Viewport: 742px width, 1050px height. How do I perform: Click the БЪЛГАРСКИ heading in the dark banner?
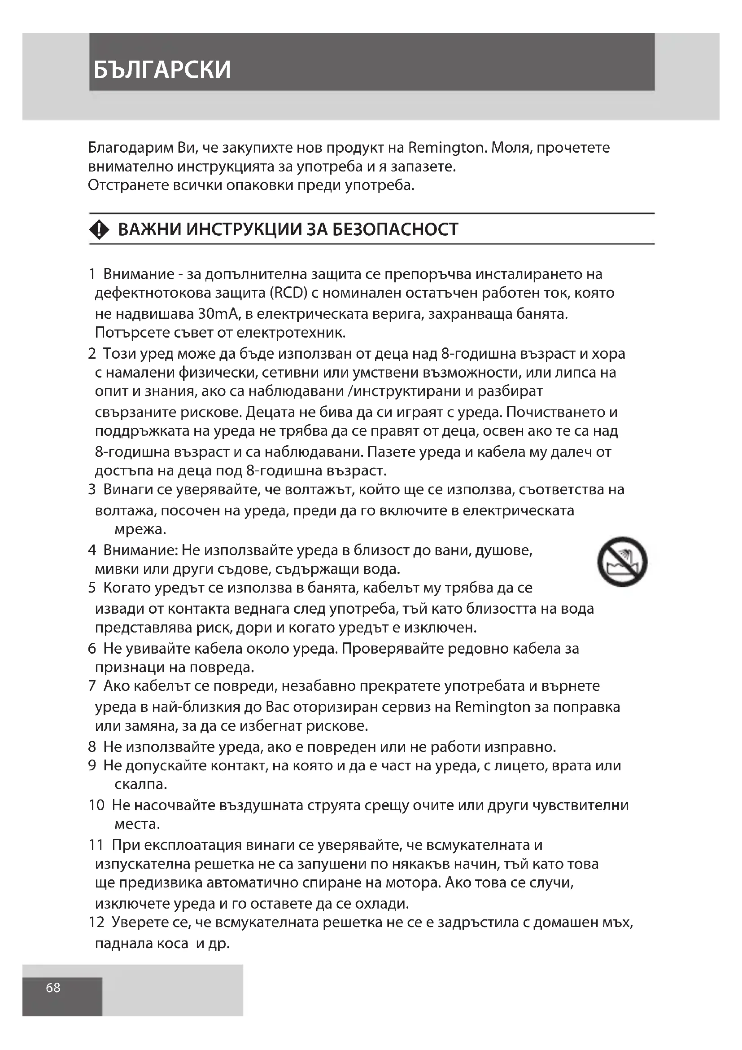click(x=162, y=70)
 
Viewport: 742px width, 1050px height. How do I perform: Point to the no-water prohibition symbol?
click(x=622, y=562)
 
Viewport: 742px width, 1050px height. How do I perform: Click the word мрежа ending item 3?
click(x=140, y=530)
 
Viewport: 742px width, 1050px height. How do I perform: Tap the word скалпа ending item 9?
click(x=140, y=785)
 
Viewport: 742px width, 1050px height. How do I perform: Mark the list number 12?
click(x=96, y=922)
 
